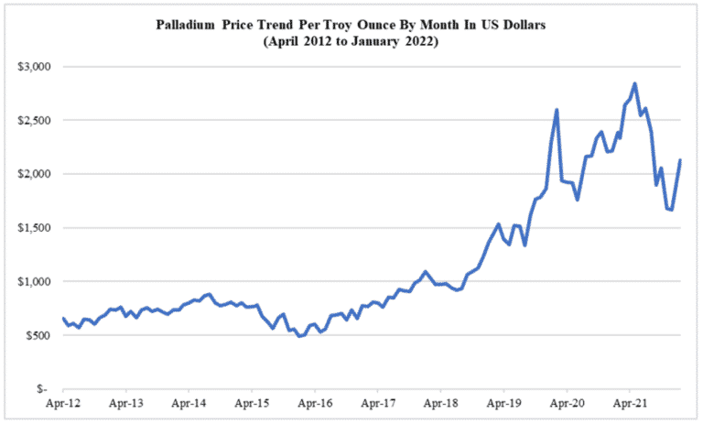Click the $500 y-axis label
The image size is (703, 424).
point(38,335)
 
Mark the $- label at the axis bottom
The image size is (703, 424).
point(43,388)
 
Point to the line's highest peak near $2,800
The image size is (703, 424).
point(634,83)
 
